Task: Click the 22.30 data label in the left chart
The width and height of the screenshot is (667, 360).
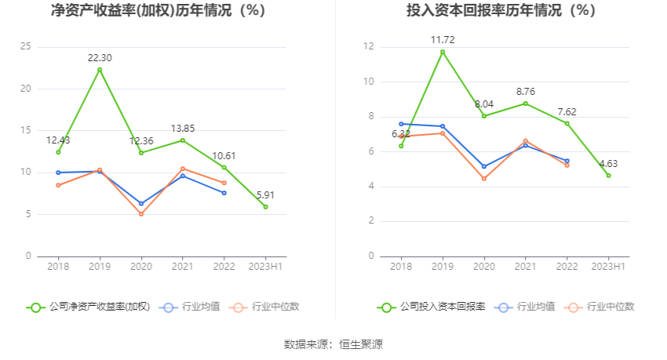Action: click(100, 57)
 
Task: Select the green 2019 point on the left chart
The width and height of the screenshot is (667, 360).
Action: click(100, 70)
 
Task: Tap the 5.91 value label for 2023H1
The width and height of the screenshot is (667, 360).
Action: click(266, 195)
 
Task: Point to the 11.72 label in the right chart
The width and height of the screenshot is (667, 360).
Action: click(443, 39)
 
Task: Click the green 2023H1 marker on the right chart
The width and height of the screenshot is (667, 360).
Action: click(608, 176)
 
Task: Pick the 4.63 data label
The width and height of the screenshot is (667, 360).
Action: click(608, 163)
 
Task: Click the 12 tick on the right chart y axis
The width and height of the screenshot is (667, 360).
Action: click(369, 47)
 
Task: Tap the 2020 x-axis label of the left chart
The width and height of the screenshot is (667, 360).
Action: click(141, 267)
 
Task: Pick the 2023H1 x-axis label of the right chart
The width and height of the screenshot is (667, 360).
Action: click(608, 267)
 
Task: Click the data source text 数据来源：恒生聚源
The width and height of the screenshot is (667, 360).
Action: click(333, 344)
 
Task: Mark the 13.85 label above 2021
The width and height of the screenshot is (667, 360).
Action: click(183, 128)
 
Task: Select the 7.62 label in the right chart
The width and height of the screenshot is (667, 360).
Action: click(567, 111)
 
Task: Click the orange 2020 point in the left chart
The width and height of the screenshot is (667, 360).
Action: click(141, 214)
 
